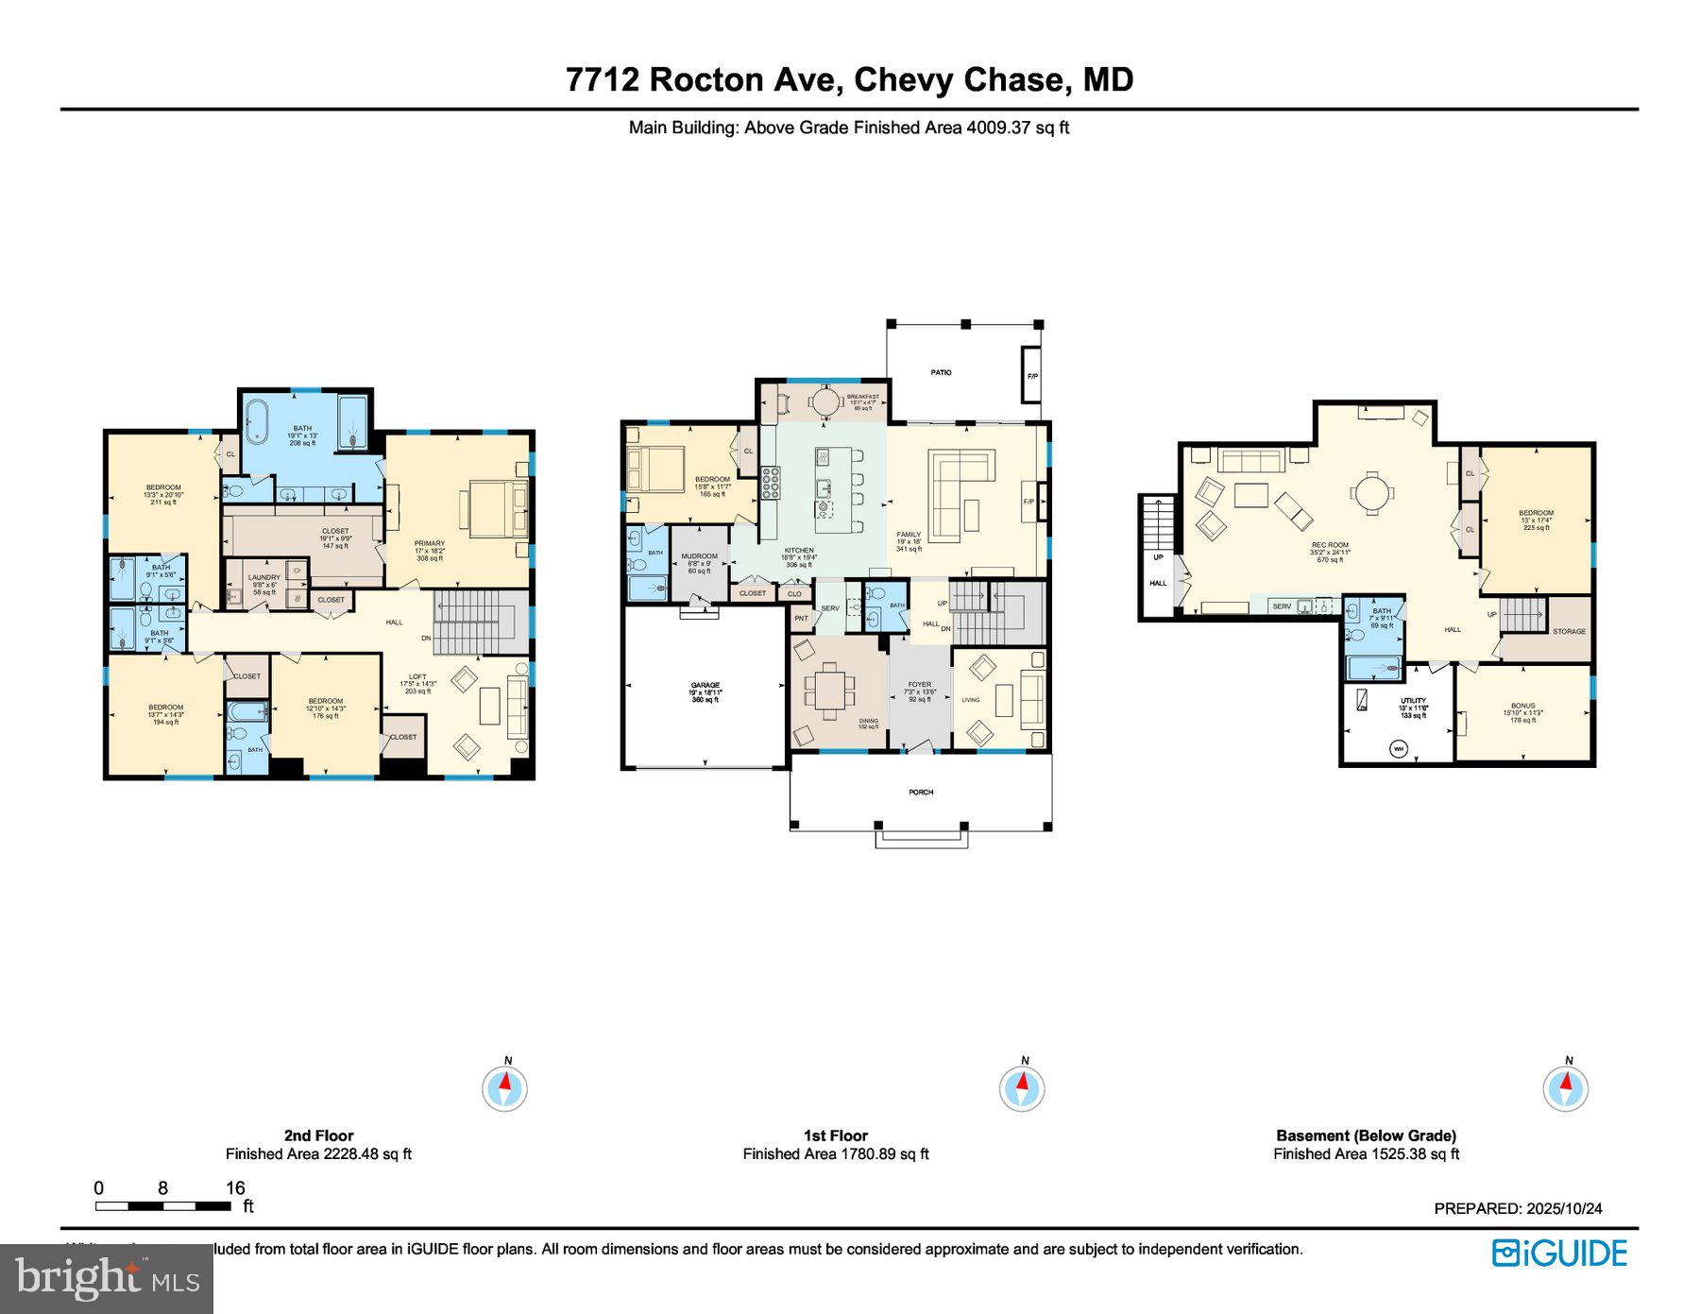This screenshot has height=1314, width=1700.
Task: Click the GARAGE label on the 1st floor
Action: (x=705, y=685)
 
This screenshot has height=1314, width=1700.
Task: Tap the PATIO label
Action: (x=941, y=372)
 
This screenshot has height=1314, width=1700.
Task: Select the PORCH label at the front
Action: (x=921, y=792)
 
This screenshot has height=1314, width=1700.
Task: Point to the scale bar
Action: (x=162, y=1205)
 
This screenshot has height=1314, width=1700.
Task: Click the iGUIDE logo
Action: (x=1559, y=1254)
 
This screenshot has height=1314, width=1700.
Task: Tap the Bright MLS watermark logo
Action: (x=107, y=1279)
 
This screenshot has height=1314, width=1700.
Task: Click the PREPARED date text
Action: (x=1518, y=1208)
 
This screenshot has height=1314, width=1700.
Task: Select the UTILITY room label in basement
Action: (x=1413, y=701)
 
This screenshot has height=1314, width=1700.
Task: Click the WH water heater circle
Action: (x=1398, y=749)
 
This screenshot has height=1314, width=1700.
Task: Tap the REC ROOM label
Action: (x=1330, y=545)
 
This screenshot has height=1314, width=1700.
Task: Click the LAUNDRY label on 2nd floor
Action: (x=264, y=577)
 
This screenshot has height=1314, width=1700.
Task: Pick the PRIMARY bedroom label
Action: (x=430, y=543)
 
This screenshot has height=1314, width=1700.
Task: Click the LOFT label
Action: (x=417, y=676)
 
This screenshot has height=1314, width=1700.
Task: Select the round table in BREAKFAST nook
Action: (x=825, y=403)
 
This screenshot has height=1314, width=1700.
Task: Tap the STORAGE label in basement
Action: (x=1569, y=631)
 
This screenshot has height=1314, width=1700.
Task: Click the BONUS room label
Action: (x=1522, y=706)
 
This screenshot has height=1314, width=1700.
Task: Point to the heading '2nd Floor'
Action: (x=318, y=1135)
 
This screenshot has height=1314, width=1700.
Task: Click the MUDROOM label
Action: (x=699, y=556)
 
